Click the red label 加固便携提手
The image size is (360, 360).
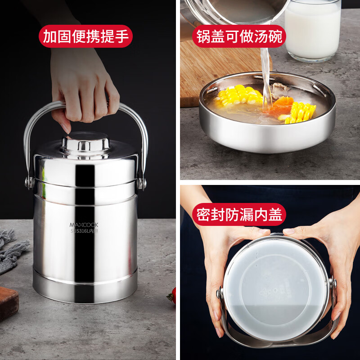[x=85, y=36]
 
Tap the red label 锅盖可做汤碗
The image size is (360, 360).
[x=239, y=36]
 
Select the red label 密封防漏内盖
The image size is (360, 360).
[x=239, y=215]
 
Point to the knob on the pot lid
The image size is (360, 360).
[x=85, y=144]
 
